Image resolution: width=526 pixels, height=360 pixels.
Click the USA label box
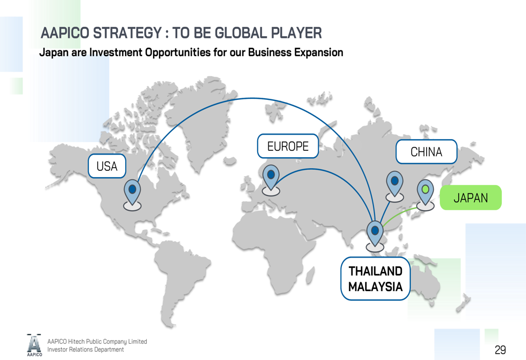point(107,166)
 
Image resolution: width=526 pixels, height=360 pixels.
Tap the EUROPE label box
point(288,146)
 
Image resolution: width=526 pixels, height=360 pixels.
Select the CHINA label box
point(426,152)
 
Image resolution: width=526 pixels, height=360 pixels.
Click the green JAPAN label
point(470,198)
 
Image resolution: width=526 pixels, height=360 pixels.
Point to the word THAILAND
point(376,271)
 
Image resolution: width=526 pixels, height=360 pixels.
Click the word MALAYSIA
point(376,287)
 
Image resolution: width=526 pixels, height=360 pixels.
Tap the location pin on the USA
point(132,190)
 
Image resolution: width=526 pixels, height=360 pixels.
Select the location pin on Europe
point(271,176)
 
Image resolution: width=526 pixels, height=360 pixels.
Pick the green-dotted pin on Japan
point(426,191)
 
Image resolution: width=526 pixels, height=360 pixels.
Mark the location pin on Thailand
point(375,232)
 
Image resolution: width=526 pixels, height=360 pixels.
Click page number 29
point(500,349)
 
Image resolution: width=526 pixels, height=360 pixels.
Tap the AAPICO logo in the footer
point(34,345)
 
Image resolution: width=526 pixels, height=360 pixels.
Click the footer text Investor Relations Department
point(86,349)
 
